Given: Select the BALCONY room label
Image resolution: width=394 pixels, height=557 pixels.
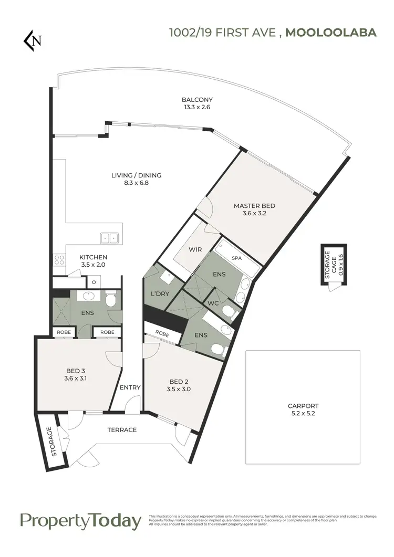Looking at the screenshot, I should tap(190, 100).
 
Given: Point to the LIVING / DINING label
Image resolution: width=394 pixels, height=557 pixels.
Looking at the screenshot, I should tap(136, 175).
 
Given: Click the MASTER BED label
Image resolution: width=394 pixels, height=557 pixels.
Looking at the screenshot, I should tap(254, 206).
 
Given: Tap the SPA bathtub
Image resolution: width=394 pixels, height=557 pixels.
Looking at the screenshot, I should tap(236, 258).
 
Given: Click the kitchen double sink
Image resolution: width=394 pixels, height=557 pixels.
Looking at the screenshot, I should tap(110, 238).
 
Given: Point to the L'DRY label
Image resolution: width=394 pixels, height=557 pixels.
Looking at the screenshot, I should tap(160, 293).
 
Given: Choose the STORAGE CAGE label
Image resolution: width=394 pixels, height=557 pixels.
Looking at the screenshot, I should tap(328, 261).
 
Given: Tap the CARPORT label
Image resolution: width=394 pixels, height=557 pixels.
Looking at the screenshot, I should tap(303, 406).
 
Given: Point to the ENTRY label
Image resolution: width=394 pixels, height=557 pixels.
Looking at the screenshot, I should tap(130, 387).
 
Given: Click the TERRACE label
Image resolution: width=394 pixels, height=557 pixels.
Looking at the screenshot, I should tap(122, 430).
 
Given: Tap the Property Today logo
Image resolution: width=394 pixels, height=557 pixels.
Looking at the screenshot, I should tap(80, 521).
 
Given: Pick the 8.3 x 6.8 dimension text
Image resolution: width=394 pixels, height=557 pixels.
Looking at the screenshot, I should tap(136, 183).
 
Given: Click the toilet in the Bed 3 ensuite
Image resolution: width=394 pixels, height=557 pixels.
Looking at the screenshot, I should tap(110, 298).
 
